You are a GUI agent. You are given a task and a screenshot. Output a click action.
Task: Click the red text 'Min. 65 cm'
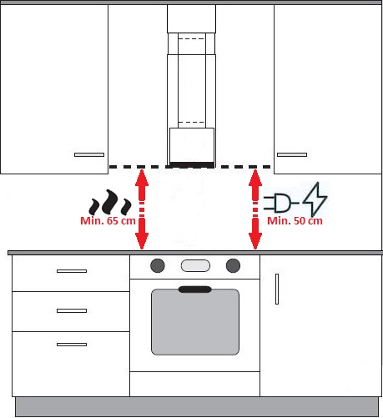point(108,221)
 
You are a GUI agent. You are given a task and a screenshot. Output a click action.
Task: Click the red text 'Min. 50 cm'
point(295,221)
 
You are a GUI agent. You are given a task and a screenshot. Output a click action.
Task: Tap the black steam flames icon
point(110,202)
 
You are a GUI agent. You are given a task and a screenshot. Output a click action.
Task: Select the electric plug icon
point(280,203)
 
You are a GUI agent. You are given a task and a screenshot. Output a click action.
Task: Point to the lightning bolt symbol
point(315,199)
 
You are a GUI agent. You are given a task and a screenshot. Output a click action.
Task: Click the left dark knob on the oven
point(158,265)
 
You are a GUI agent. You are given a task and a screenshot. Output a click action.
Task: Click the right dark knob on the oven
point(233,265)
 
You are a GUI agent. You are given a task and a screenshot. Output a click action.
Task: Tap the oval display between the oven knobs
point(195,265)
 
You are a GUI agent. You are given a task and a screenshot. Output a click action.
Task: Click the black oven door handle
point(195,290)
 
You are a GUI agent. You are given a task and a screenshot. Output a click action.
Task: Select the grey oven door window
point(195,322)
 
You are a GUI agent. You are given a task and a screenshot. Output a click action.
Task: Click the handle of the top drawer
point(72,271)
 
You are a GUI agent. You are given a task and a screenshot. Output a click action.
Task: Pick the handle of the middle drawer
point(72,310)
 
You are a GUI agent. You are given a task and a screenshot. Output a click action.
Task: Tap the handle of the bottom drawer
point(72,345)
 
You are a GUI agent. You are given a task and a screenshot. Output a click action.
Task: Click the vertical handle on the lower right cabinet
point(277,289)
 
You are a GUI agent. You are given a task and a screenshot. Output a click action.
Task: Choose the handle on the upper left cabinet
point(89,154)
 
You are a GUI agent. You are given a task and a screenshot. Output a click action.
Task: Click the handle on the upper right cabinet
point(292,154)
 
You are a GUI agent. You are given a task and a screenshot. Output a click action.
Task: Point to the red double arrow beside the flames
point(142,209)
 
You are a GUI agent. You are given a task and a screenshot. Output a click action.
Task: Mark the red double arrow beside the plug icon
point(255,209)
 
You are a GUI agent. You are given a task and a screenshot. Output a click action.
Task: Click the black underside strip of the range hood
point(192,165)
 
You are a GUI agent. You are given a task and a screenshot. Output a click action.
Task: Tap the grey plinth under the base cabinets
point(197,407)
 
